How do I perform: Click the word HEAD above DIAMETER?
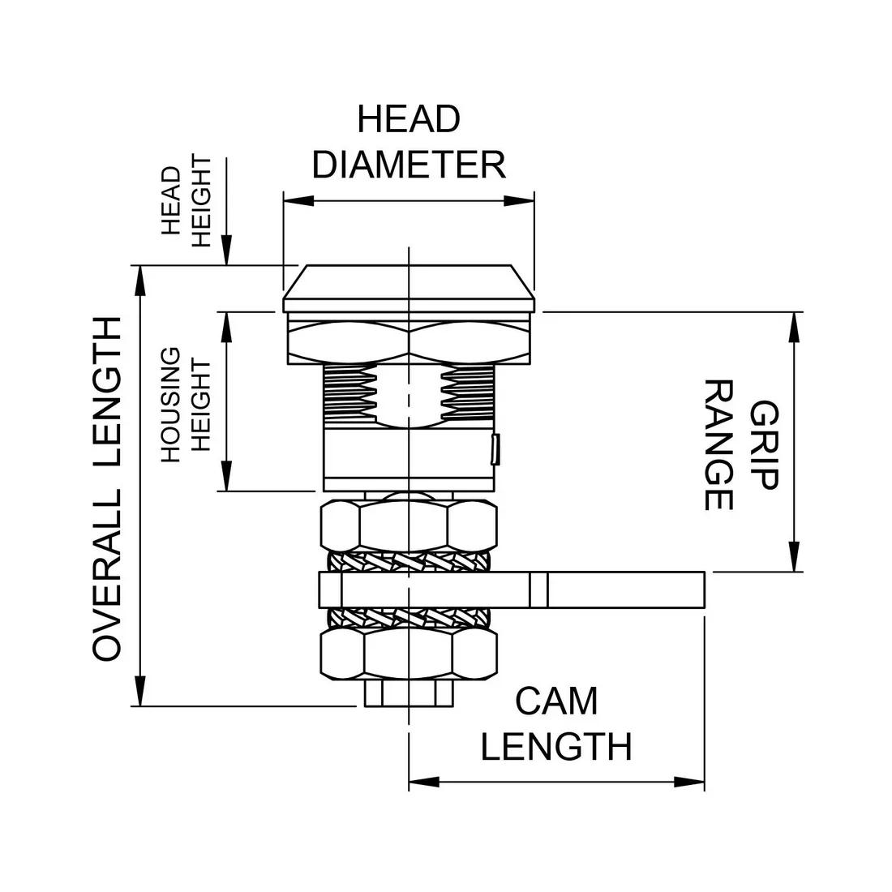[x=409, y=119]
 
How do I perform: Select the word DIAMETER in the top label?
[x=409, y=165]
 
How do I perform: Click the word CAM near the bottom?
[x=556, y=701]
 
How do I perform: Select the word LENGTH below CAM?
[x=556, y=747]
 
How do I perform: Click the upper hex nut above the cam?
[x=409, y=525]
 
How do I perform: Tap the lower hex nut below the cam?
[x=409, y=655]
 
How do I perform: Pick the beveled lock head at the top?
[x=409, y=288]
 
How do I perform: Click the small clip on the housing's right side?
[x=495, y=449]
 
